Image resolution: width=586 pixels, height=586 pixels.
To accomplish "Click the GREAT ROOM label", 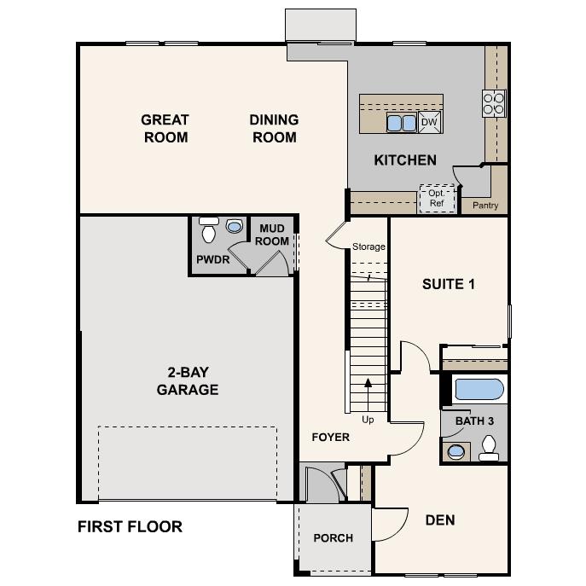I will point(165,129).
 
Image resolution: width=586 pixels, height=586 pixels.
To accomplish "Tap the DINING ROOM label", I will point(274,129).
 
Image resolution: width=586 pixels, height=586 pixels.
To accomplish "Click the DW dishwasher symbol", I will point(430,123).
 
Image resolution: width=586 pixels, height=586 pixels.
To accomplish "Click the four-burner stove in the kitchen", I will point(494,102).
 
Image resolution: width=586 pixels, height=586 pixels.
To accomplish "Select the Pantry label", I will point(484,206).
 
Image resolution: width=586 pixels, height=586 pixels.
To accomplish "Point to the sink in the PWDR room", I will point(235,228).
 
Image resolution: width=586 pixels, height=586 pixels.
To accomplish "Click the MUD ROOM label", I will point(274,235).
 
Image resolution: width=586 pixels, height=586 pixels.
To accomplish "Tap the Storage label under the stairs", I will point(368,247).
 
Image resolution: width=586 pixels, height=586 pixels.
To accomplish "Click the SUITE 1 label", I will point(448,284).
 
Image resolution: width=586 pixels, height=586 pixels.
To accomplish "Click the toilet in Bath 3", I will point(490,448).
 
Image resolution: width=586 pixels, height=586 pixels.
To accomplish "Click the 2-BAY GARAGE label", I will point(188,381).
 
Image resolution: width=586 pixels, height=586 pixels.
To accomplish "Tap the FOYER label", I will point(330,437).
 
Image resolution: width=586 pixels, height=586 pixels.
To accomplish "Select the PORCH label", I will point(333,538).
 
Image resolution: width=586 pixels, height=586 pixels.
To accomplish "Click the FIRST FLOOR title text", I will point(130,526).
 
